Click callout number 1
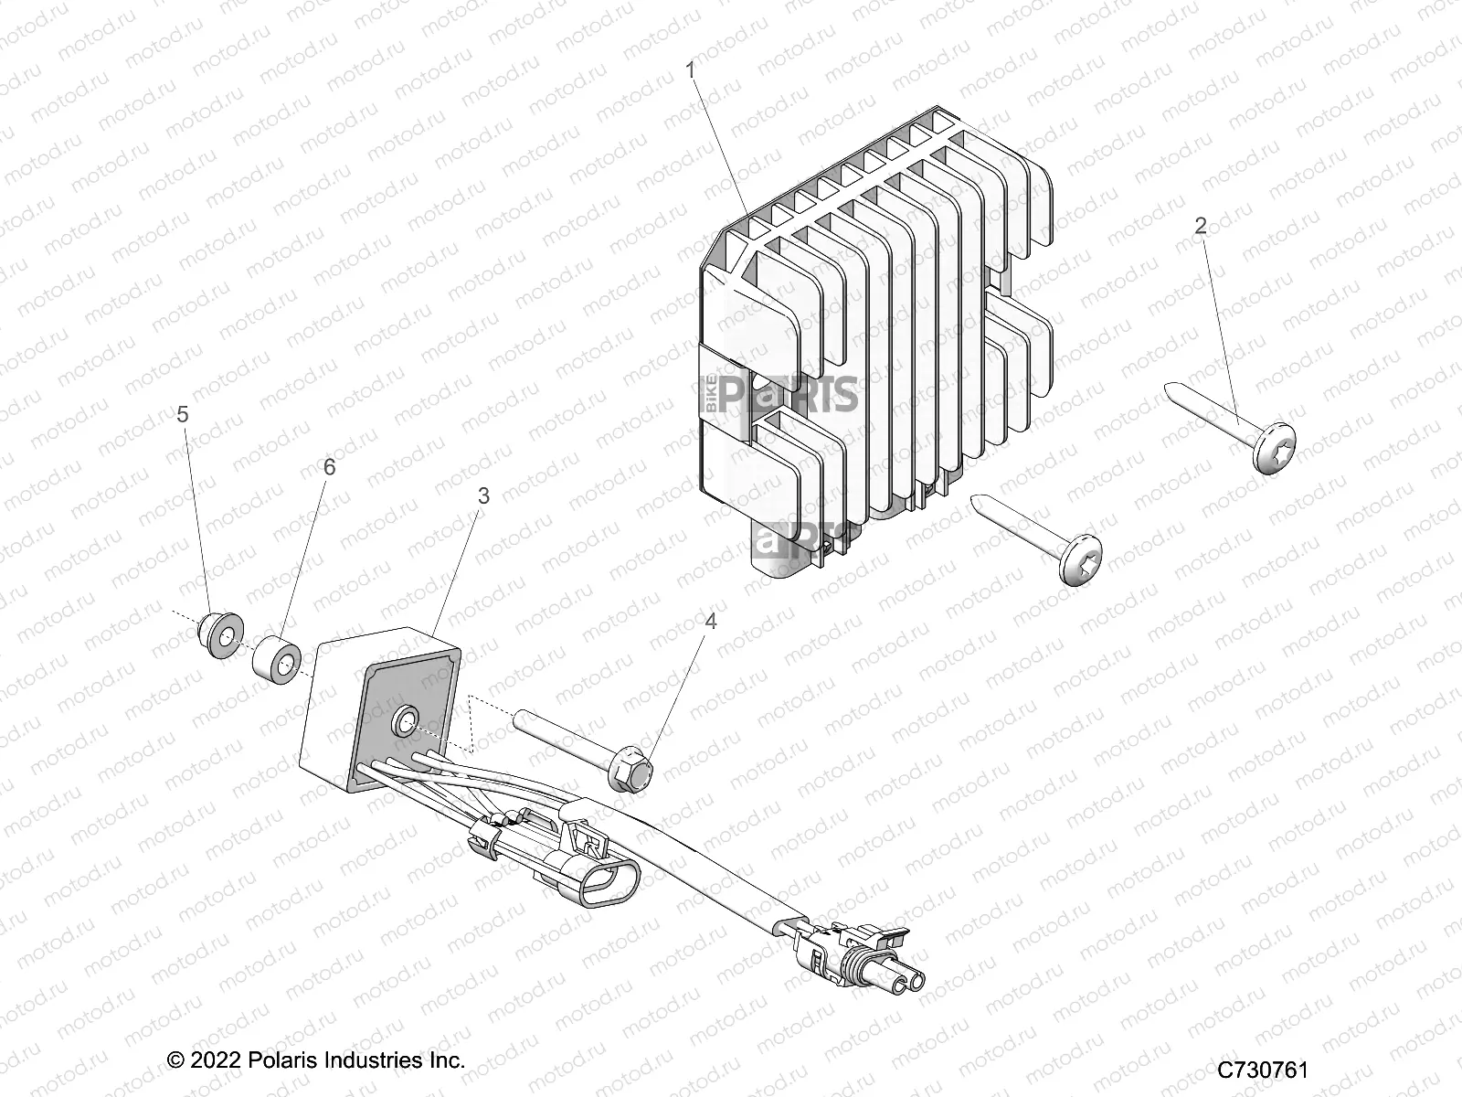(692, 69)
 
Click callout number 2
(1201, 226)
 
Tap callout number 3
(483, 495)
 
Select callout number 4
(709, 621)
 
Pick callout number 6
(329, 467)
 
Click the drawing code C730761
(1263, 1070)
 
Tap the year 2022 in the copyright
(217, 1060)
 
